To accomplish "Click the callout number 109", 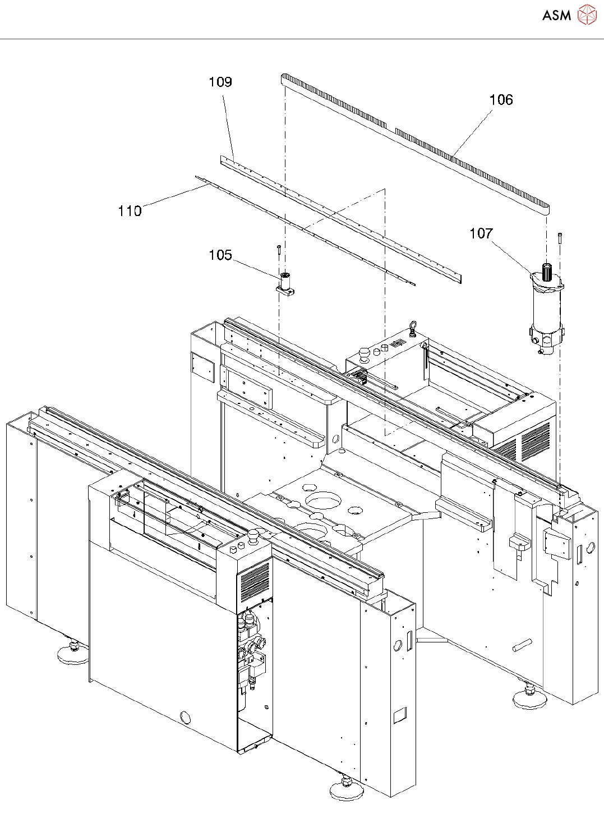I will coord(220,82).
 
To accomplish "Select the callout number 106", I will coord(501,100).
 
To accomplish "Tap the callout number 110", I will coord(130,211).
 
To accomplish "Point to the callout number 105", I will coord(220,255).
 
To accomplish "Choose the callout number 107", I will coord(481,233).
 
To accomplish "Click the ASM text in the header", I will coord(556,15).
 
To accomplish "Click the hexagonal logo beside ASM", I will coord(587,15).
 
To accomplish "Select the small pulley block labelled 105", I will coord(285,284).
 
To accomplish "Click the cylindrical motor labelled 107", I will coord(546,314).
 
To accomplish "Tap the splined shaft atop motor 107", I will coord(546,269).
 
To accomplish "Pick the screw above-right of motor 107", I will coord(560,238).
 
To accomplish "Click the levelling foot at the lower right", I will coord(529,697).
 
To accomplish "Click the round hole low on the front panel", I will coord(185,716).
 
